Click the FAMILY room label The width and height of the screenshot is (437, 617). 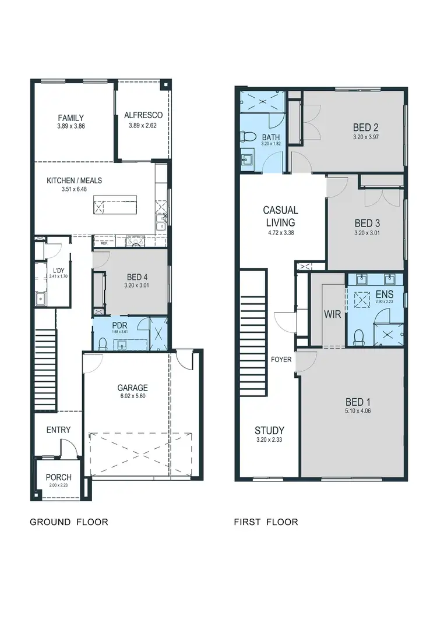[x=71, y=118]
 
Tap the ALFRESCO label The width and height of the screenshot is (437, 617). [x=145, y=115]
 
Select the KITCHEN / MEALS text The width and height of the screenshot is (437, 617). [x=74, y=180]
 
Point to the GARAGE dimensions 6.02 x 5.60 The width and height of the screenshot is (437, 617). [x=132, y=398]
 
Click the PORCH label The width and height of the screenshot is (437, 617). [x=58, y=477]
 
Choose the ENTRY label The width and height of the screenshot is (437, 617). [x=58, y=430]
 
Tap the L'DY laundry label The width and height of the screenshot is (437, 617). [x=58, y=271]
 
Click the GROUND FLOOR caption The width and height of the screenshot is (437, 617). [x=69, y=522]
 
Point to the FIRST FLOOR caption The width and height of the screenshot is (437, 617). [x=266, y=522]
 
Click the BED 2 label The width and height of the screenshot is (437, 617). [x=366, y=127]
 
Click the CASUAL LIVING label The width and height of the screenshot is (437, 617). [x=280, y=216]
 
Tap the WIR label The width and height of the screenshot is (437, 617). [x=332, y=314]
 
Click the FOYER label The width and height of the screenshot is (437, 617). [x=281, y=359]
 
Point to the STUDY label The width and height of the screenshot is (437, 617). [x=269, y=431]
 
